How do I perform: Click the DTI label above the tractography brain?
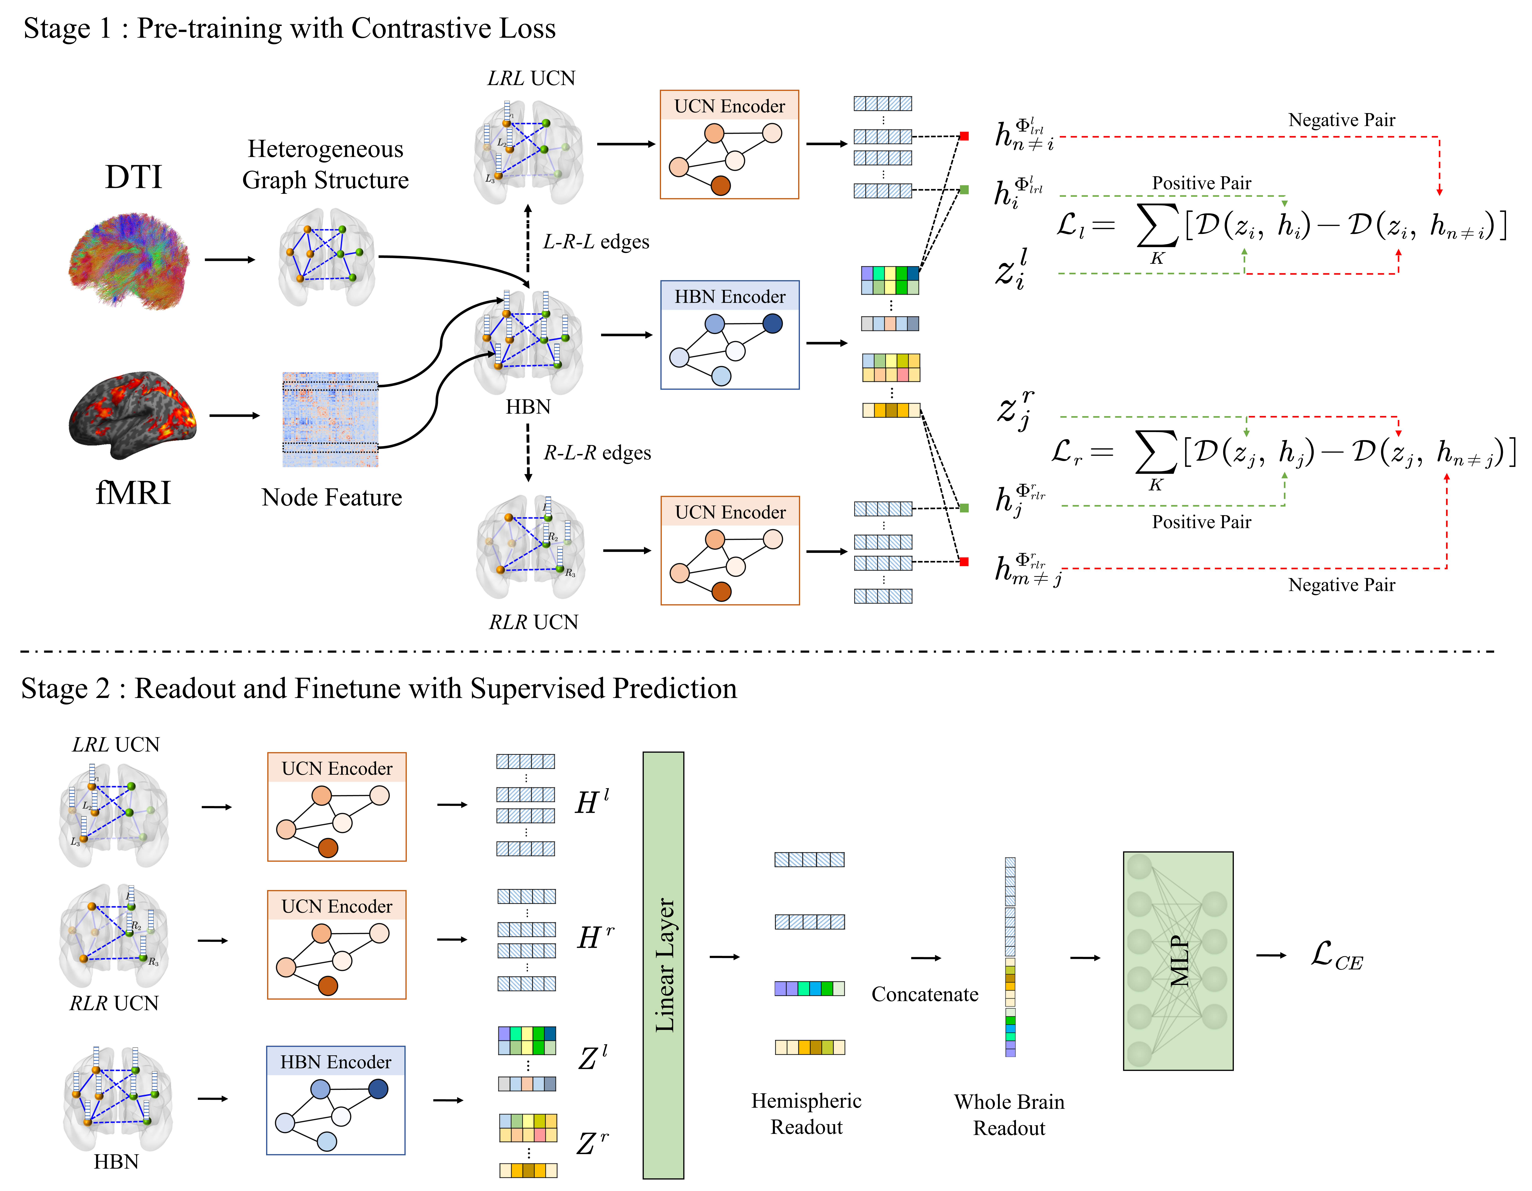point(133,177)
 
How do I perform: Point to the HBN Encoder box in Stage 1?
point(730,335)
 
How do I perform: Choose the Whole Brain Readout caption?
point(1009,1115)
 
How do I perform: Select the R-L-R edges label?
point(597,453)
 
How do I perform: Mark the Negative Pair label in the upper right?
point(1341,120)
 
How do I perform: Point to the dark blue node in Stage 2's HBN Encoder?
point(378,1089)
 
